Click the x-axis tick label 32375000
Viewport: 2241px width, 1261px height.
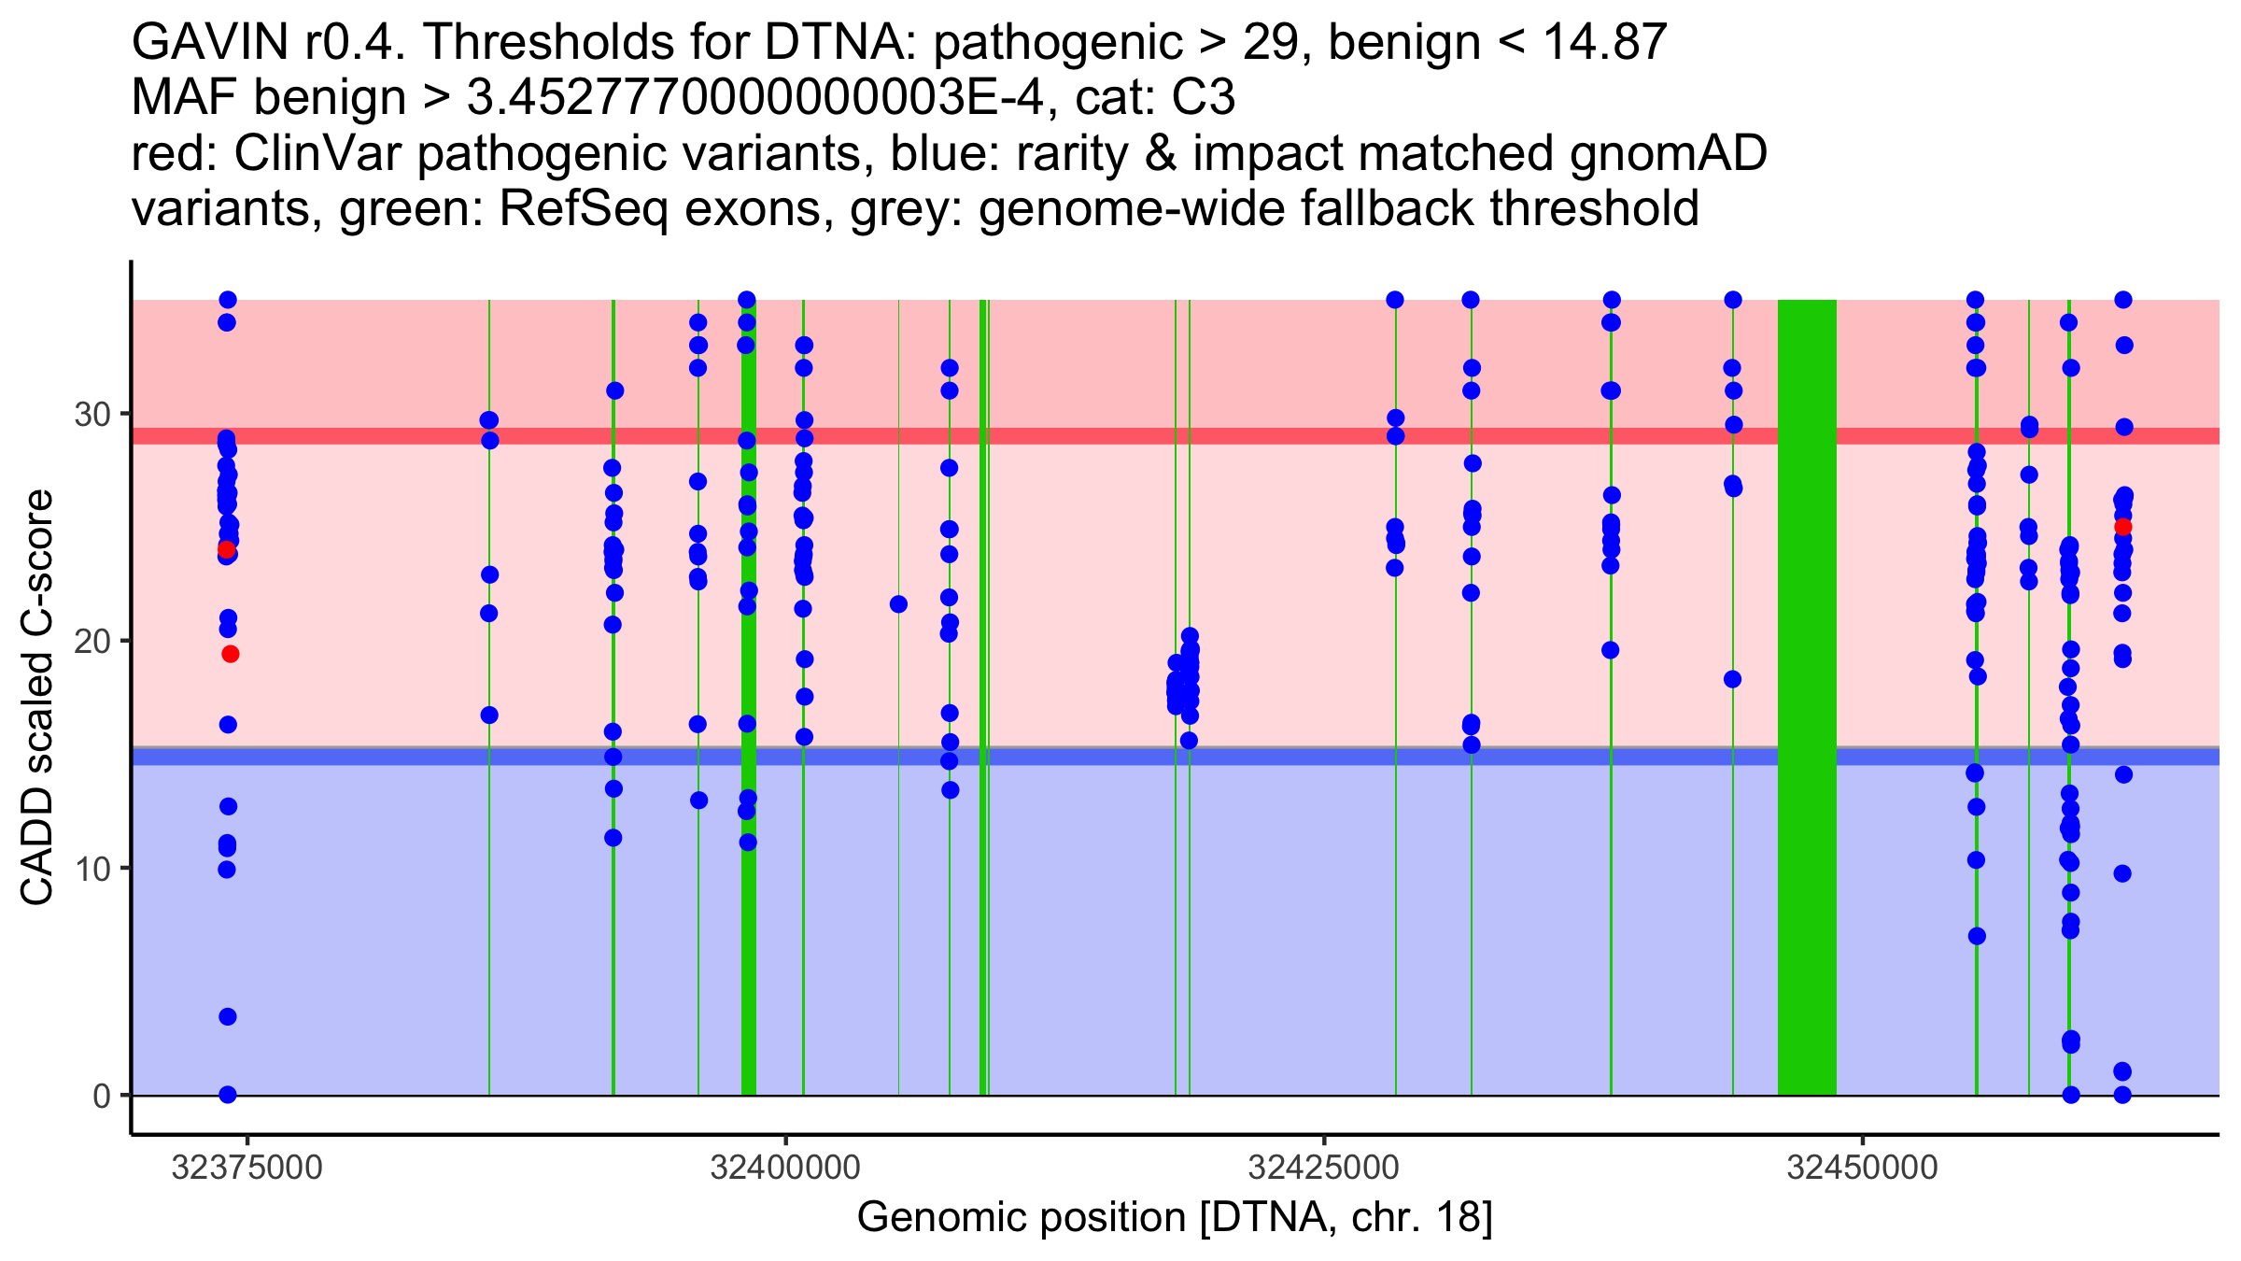point(247,1168)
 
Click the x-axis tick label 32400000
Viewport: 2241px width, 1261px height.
point(785,1168)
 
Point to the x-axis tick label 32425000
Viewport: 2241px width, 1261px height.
point(1324,1168)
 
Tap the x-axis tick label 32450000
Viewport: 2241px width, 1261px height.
point(1863,1168)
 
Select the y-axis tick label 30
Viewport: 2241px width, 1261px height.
point(92,414)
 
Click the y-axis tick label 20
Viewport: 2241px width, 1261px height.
point(92,641)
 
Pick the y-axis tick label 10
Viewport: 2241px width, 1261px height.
point(92,869)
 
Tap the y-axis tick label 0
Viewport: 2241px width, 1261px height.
point(102,1096)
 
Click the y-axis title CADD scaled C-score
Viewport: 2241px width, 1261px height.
point(37,698)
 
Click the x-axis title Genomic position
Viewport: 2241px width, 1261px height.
point(1174,1217)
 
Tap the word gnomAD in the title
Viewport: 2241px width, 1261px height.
point(1668,154)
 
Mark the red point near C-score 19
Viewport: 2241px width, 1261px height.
point(231,654)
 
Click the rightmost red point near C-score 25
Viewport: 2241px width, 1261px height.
point(2123,527)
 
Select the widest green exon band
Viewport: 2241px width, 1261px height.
point(1807,697)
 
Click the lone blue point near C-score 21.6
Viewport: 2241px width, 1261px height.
point(898,604)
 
